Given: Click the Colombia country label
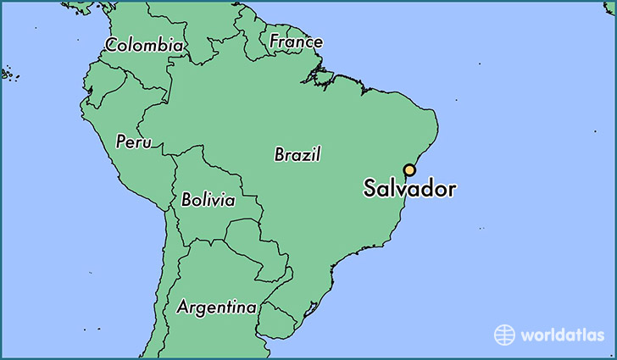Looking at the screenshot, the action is click(x=144, y=45).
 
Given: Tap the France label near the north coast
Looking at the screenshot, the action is click(x=296, y=42).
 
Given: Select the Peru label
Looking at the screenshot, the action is click(x=134, y=142).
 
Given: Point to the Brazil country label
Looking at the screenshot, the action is click(x=297, y=154).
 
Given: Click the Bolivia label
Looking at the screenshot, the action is click(x=208, y=201).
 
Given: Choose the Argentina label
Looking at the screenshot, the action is click(x=216, y=307).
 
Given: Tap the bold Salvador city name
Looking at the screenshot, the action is click(x=409, y=189).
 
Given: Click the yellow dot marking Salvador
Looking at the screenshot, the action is click(x=409, y=170).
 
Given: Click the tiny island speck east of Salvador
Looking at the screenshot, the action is click(x=481, y=227).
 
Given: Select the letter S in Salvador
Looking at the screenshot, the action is click(x=370, y=189).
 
